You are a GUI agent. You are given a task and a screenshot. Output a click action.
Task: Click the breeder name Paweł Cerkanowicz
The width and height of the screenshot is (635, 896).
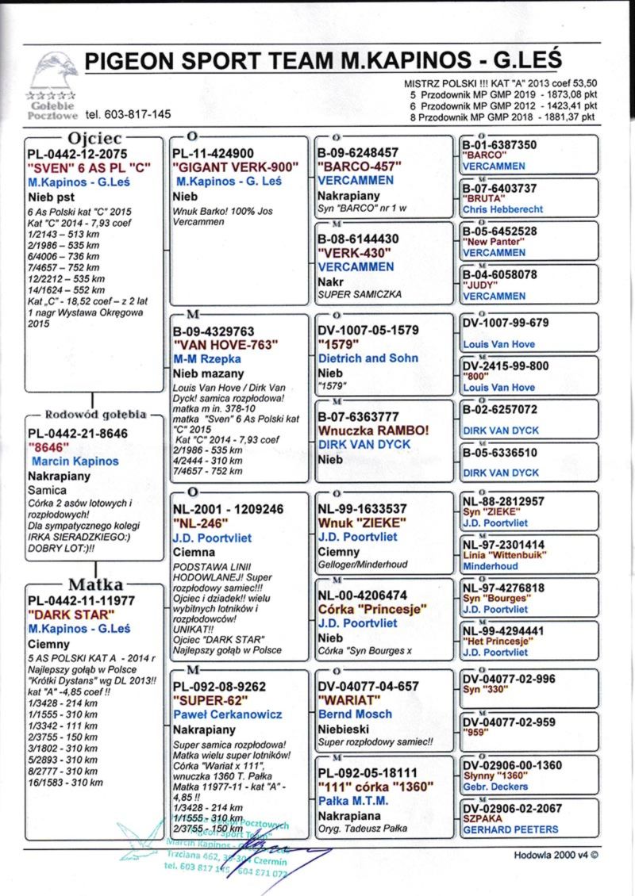(x=228, y=714)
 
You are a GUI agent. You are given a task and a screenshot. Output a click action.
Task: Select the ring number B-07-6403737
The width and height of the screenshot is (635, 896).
(x=500, y=189)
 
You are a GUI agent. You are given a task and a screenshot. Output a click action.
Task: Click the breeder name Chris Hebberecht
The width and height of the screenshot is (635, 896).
(x=502, y=209)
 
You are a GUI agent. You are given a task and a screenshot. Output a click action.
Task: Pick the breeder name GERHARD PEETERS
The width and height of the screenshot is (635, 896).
(x=510, y=829)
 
